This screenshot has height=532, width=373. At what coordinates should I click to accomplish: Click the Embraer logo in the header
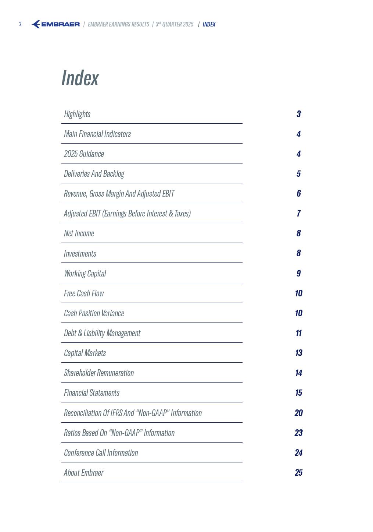55,24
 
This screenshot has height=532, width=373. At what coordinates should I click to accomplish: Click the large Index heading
80,78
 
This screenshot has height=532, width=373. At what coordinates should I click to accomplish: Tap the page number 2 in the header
21,24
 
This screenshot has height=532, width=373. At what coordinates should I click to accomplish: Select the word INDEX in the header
209,24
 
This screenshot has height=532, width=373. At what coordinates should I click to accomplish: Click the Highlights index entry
77,114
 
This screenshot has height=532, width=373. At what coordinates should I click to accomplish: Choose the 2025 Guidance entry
84,154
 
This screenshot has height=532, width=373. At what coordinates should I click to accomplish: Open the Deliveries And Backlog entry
94,174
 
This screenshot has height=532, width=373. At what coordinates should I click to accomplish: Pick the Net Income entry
79,233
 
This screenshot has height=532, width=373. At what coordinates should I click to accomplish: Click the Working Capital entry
85,274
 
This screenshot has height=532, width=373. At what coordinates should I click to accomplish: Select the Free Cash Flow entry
84,293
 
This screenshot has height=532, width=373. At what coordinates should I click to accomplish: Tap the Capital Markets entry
85,353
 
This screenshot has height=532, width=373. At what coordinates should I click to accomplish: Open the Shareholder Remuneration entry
99,373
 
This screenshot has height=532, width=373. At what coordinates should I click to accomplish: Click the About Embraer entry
83,473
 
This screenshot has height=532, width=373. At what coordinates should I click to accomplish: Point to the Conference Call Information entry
101,453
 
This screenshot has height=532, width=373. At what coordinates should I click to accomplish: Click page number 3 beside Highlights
299,114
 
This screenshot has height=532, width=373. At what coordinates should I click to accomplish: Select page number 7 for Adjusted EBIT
299,214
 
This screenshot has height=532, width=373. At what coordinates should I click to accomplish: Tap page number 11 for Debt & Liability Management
299,333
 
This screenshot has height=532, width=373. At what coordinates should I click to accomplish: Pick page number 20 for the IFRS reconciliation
299,413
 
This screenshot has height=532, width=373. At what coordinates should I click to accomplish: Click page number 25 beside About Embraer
299,473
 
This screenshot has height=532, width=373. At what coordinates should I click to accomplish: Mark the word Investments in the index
80,254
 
